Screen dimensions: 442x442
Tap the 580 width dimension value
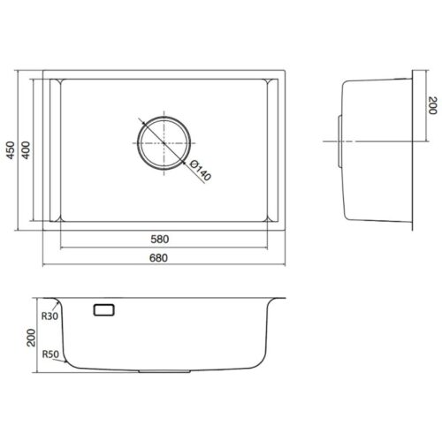coord(158,240)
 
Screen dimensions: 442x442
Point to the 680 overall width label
coord(158,257)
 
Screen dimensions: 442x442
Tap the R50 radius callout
coord(50,354)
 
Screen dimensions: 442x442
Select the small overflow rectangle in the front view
coord(103,309)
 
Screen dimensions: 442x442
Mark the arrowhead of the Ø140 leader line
coord(186,163)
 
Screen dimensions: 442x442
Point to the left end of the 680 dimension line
coord(43,263)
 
